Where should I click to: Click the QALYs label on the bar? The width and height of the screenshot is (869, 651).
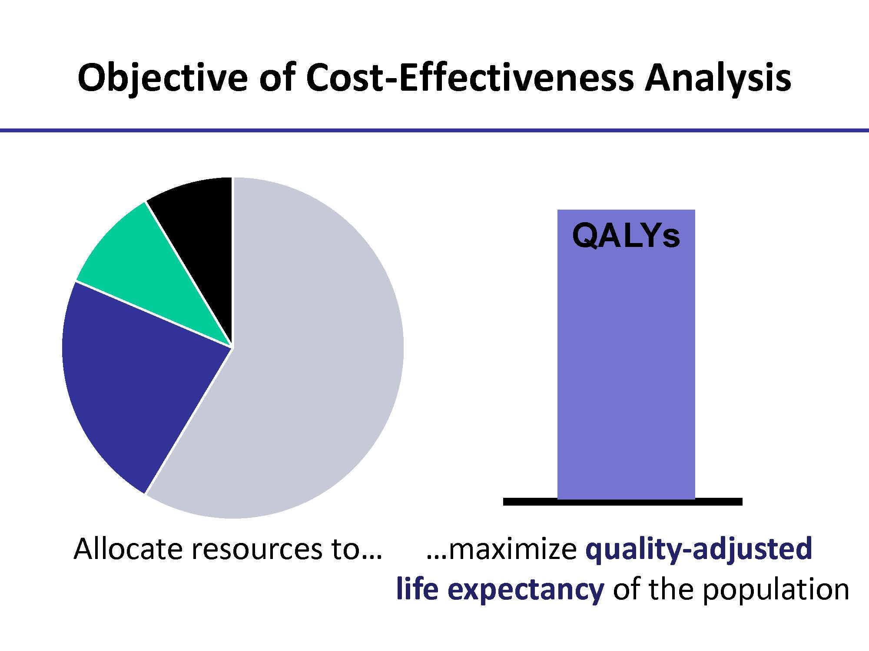click(x=626, y=236)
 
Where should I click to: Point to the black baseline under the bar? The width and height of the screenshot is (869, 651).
click(x=623, y=502)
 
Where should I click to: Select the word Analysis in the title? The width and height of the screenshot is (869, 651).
click(x=717, y=78)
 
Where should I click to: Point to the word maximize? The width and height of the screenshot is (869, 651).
click(x=512, y=549)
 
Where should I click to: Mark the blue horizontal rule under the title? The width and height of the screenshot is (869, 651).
click(x=434, y=130)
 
